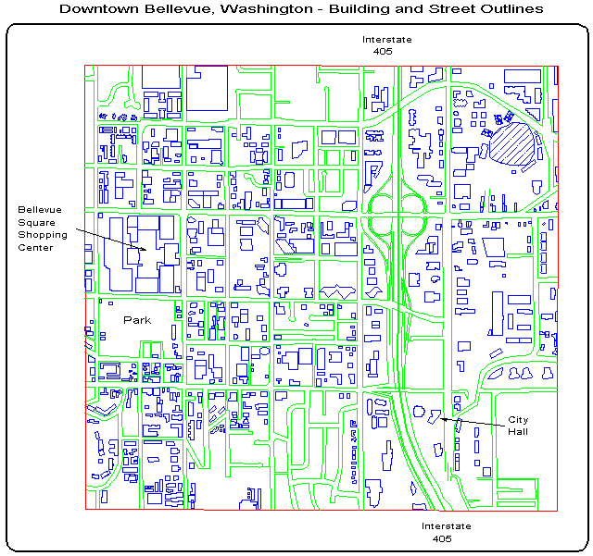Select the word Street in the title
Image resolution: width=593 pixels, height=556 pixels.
click(443, 8)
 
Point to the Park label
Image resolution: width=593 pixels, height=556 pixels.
click(137, 320)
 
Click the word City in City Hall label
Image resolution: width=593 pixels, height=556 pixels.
click(517, 420)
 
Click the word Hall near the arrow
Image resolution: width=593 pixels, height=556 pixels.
click(517, 431)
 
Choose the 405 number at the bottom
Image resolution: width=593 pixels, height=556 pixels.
click(442, 538)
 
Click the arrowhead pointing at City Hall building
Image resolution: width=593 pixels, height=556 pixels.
click(443, 419)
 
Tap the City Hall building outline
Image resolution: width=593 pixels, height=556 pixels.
click(432, 416)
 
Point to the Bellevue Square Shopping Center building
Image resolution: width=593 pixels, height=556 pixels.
click(139, 254)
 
